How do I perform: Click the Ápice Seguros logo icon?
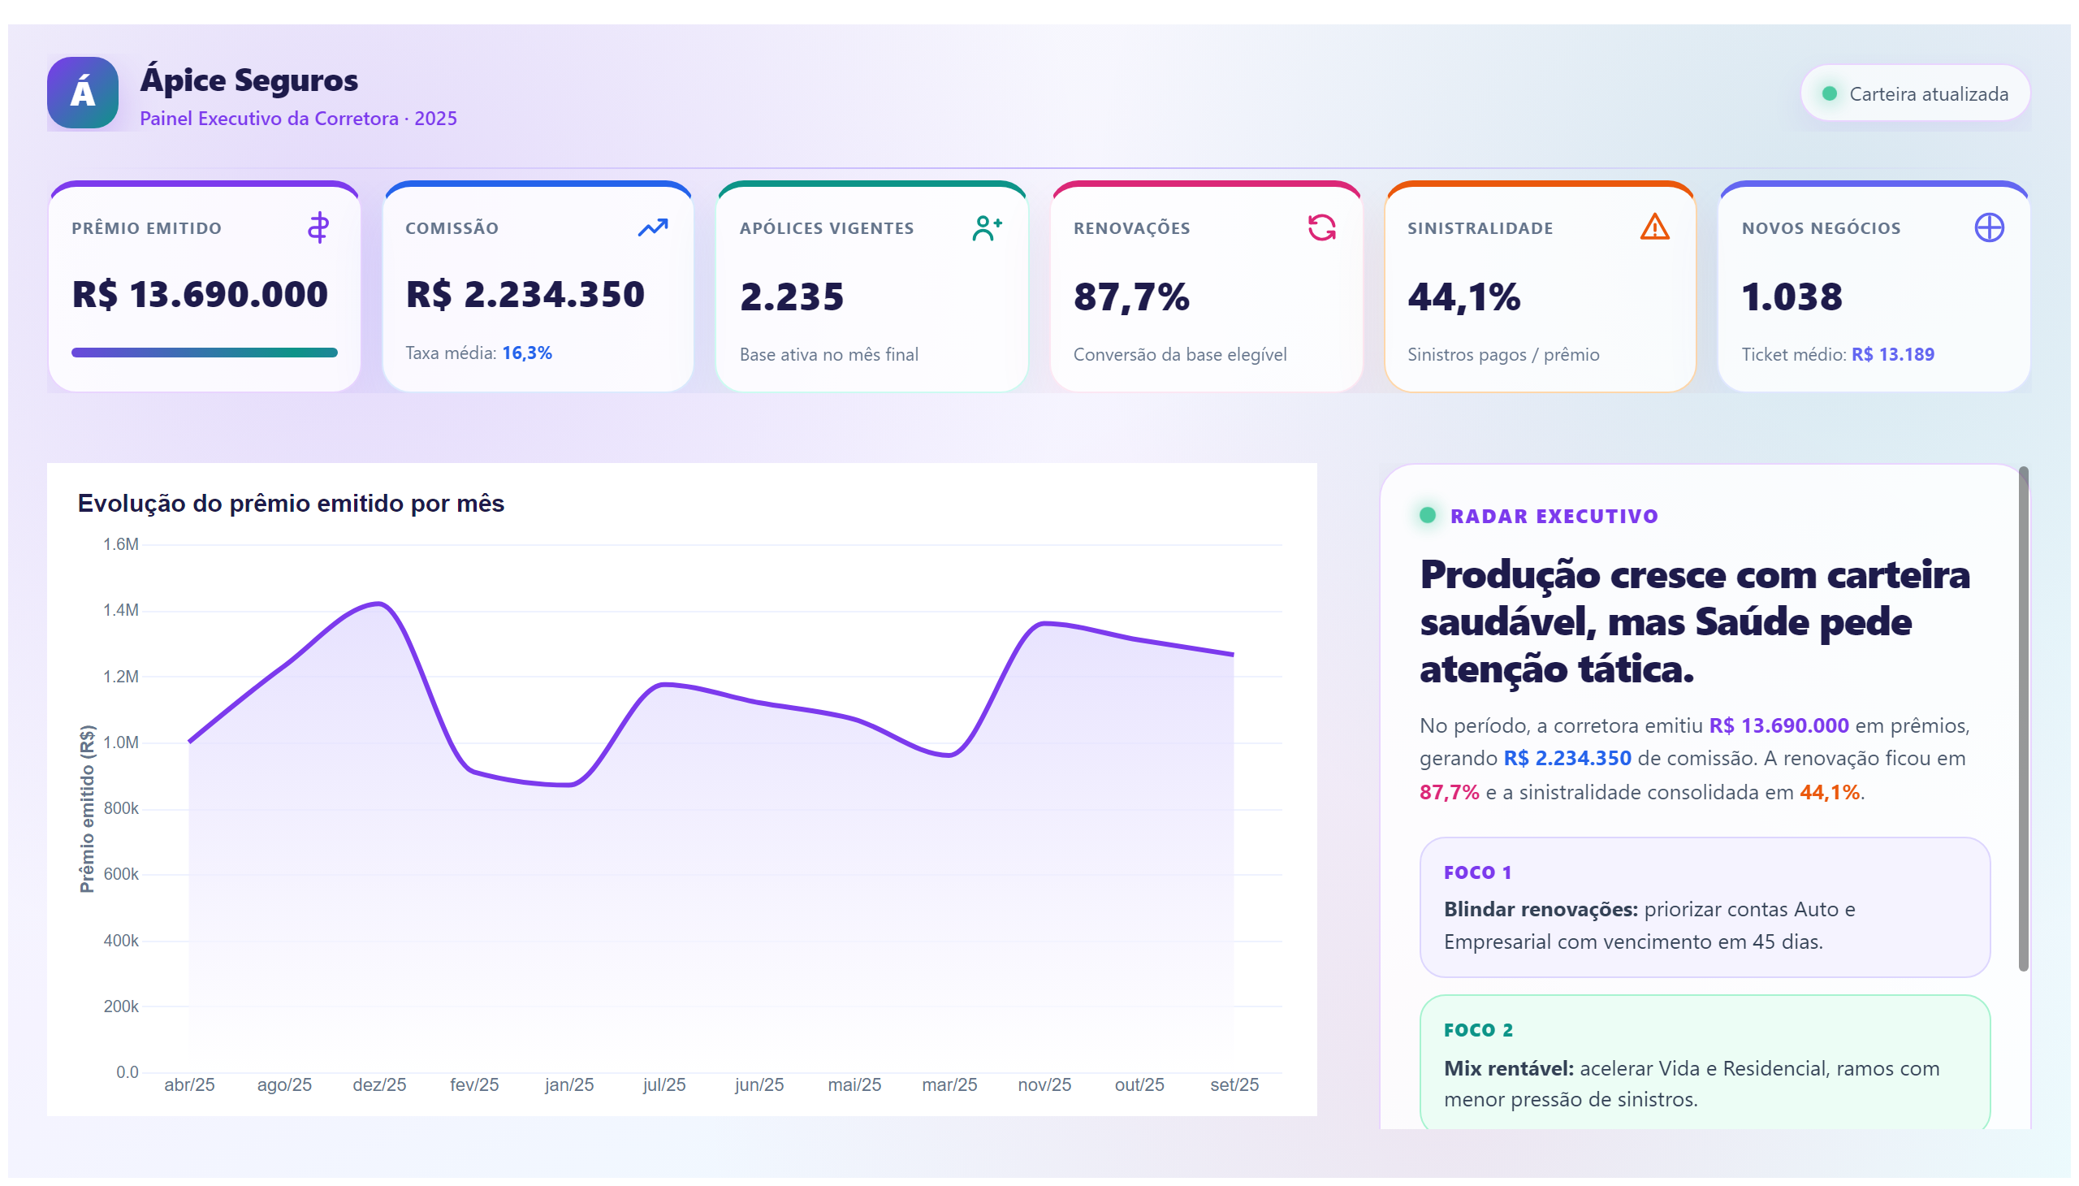(x=82, y=92)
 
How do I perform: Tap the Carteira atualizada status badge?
(x=1914, y=93)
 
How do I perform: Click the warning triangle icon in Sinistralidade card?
(x=1654, y=227)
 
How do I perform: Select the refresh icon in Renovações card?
(x=1320, y=227)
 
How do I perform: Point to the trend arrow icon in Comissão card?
(x=652, y=227)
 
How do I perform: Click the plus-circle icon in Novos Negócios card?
(x=1989, y=227)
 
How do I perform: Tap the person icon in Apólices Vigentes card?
(x=986, y=227)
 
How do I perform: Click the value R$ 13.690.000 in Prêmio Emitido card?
(x=200, y=294)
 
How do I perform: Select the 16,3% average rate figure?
(x=527, y=353)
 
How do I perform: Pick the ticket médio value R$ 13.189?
(x=1892, y=354)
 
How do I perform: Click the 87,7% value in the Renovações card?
(x=1131, y=296)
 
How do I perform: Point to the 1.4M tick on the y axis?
(x=120, y=610)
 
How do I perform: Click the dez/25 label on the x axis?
(x=378, y=1085)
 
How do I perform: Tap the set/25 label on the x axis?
(x=1234, y=1085)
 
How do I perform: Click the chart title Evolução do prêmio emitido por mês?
(x=291, y=504)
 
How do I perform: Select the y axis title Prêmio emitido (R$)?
(x=86, y=809)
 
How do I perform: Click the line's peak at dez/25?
(x=378, y=604)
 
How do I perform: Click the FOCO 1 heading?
(x=1477, y=872)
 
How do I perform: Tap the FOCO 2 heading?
(x=1478, y=1030)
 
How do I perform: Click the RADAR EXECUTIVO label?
(x=1554, y=517)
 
